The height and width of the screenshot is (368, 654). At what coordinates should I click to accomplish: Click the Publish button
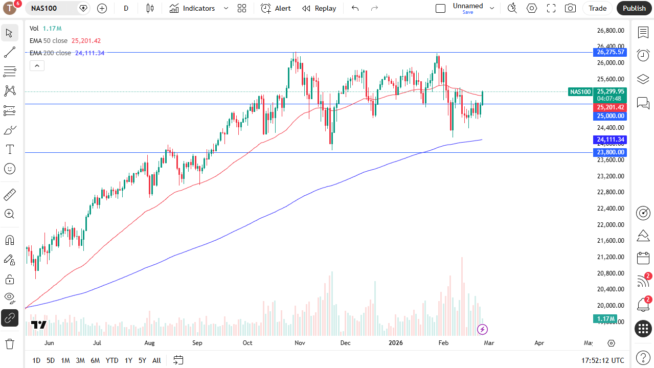click(x=634, y=8)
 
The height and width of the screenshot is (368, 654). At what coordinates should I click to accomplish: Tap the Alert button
click(x=276, y=8)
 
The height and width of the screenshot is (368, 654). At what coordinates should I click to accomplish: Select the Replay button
click(x=319, y=8)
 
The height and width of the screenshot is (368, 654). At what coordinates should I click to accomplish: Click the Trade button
click(x=597, y=8)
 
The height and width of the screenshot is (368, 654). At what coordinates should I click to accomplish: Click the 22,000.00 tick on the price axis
click(x=611, y=224)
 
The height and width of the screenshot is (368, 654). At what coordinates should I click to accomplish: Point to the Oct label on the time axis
click(x=247, y=343)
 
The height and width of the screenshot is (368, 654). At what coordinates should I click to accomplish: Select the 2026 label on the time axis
click(x=396, y=343)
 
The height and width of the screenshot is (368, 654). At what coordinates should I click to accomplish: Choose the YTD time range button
click(x=112, y=360)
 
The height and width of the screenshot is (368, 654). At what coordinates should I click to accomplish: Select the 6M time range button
click(x=95, y=360)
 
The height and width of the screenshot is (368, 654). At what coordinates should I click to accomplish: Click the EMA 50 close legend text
click(x=49, y=41)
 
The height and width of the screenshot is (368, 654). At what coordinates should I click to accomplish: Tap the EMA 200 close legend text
click(x=50, y=53)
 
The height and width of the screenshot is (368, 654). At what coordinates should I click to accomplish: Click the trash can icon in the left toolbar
click(x=10, y=343)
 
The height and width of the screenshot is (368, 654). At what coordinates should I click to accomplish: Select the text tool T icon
click(x=10, y=149)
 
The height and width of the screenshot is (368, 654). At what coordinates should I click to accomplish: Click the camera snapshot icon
click(x=570, y=8)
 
